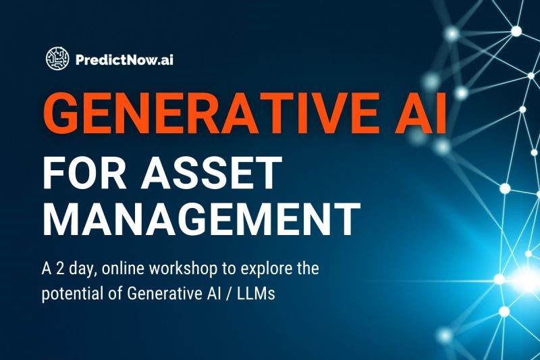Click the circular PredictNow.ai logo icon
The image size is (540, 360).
pos(57,59)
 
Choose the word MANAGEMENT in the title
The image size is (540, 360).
pos(201,217)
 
